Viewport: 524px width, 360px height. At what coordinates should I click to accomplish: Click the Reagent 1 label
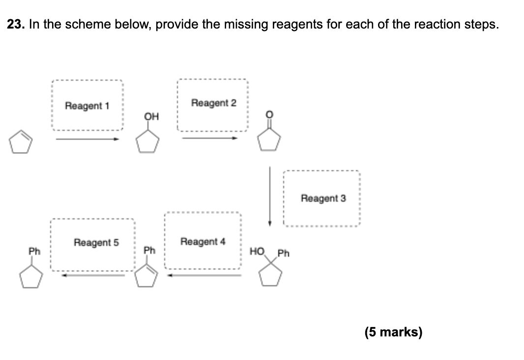click(x=87, y=106)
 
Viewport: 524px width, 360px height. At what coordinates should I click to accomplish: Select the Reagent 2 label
click(x=213, y=103)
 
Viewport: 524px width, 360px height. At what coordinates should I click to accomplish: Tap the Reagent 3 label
click(x=323, y=198)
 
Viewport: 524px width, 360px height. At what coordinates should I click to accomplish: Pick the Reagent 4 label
click(x=203, y=241)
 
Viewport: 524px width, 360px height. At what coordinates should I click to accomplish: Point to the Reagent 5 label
click(x=96, y=242)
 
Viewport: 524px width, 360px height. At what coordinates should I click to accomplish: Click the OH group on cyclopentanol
click(x=151, y=117)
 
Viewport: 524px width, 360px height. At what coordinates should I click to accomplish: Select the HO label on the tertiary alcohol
click(x=257, y=252)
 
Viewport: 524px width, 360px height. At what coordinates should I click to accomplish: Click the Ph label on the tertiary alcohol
click(x=284, y=254)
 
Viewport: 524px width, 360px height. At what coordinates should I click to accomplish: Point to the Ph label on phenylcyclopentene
click(x=149, y=251)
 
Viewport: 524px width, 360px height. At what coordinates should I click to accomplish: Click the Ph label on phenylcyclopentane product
click(x=33, y=251)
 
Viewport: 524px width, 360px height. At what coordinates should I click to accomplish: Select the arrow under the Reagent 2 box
click(x=210, y=138)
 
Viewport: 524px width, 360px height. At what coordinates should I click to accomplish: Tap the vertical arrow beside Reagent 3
click(x=269, y=196)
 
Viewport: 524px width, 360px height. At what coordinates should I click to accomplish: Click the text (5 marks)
click(x=393, y=332)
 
